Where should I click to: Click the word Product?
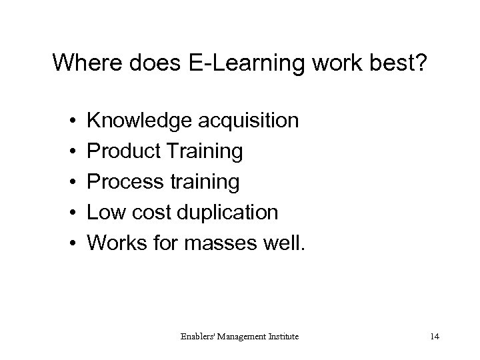pos(123,152)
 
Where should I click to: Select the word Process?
pos(125,182)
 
